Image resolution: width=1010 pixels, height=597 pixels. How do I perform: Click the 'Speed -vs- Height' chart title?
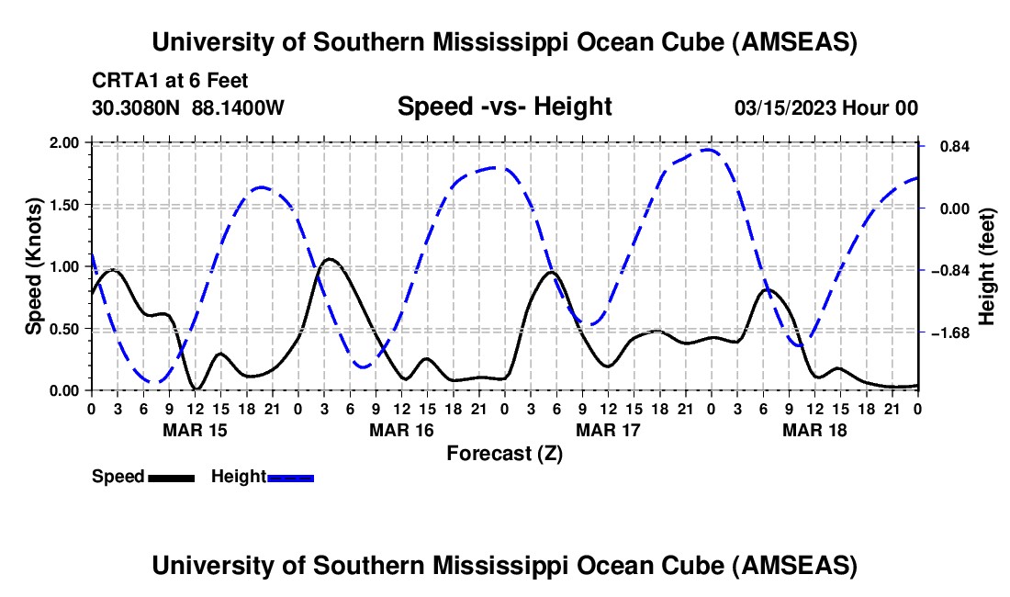(x=504, y=107)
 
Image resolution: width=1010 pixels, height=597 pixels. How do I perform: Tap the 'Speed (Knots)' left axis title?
(x=34, y=266)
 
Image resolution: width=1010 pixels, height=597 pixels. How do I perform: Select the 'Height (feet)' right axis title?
(x=987, y=267)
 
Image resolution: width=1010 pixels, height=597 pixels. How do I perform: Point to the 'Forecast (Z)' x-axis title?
(x=504, y=453)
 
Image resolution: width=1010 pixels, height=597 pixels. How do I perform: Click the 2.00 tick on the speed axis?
(x=65, y=143)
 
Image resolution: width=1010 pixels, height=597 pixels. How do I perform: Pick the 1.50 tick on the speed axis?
(x=65, y=205)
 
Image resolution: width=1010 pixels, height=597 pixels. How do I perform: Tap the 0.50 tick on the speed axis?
(x=65, y=329)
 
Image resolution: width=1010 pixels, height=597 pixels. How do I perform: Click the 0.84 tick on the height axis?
(x=948, y=147)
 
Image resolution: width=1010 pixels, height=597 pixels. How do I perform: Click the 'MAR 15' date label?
(x=195, y=430)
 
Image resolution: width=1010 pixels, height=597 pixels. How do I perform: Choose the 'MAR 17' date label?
(x=608, y=430)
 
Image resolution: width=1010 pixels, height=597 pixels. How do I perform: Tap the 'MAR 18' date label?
(x=814, y=430)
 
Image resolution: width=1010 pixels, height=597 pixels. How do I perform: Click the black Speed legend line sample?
(x=171, y=477)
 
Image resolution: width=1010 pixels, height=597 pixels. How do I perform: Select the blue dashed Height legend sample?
(x=290, y=477)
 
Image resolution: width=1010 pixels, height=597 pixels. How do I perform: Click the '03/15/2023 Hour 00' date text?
(x=826, y=107)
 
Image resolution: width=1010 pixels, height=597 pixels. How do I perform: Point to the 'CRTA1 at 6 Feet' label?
(x=170, y=82)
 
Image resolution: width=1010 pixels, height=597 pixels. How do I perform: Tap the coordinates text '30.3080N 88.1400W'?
(x=188, y=107)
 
